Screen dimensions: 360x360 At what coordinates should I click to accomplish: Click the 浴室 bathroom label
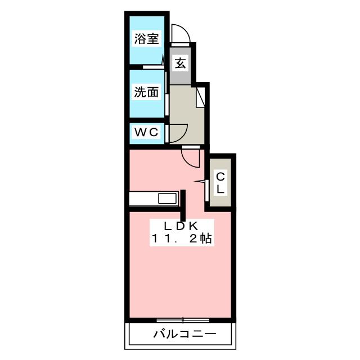tap(146, 39)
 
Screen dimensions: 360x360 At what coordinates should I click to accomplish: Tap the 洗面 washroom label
tap(146, 92)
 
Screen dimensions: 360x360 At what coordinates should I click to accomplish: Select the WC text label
tap(146, 133)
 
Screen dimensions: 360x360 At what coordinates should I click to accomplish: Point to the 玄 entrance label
tap(179, 63)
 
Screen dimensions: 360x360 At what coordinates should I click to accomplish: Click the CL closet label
tap(220, 183)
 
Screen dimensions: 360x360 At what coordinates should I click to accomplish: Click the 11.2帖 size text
tap(181, 238)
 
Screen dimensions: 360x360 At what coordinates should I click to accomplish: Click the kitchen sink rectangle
tap(167, 199)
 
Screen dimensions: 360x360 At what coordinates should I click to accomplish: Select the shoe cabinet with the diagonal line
tap(200, 97)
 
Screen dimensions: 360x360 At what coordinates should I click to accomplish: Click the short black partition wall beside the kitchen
tap(183, 206)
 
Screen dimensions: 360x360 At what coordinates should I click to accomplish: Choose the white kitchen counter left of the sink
tap(143, 199)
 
